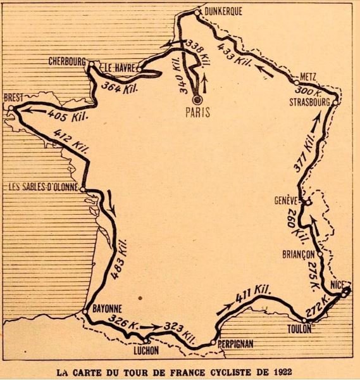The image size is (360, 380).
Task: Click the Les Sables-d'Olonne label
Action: [x=41, y=187]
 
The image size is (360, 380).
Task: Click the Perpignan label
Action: [x=235, y=342]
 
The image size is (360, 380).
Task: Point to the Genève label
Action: [x=286, y=199]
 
